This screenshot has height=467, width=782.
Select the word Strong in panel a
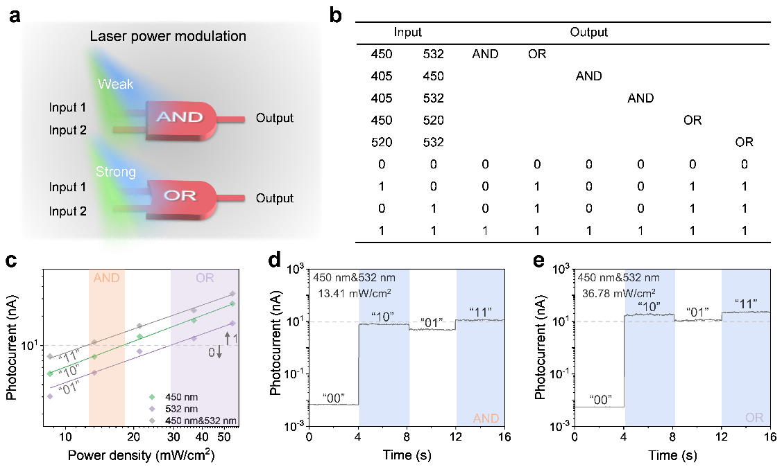coord(116,171)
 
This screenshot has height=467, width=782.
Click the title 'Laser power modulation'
coord(168,35)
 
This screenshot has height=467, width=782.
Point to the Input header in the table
coord(407,32)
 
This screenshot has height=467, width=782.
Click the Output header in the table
coord(588,32)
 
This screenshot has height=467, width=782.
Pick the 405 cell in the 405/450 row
coord(381,76)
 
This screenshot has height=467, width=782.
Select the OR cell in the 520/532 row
coord(745,142)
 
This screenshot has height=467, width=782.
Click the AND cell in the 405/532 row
coord(640,98)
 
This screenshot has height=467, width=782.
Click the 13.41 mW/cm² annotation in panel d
coord(348,292)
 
